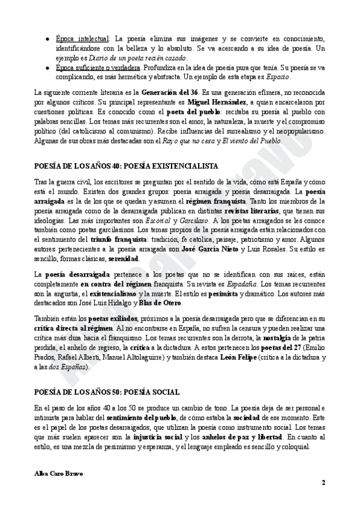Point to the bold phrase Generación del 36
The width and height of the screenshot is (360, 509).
pos(170,93)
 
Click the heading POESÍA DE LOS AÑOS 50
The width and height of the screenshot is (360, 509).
pos(106,391)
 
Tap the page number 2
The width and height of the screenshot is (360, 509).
pos(323,482)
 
